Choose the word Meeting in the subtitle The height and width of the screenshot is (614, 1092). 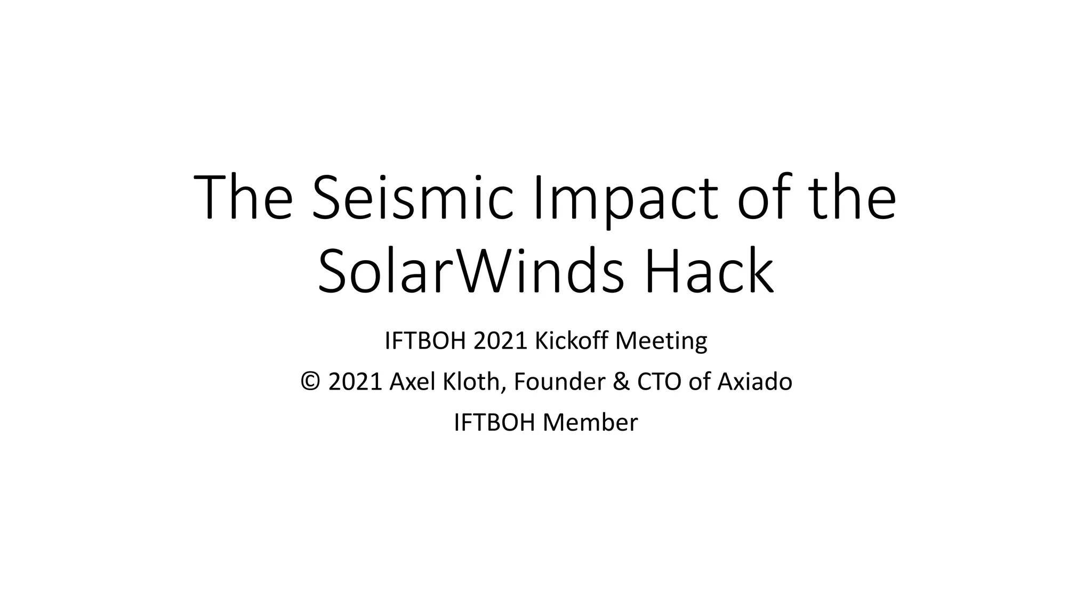tap(661, 341)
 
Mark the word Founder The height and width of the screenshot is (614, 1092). tap(559, 382)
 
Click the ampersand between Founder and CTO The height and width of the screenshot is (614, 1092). tap(621, 382)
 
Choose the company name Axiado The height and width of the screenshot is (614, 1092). tap(755, 382)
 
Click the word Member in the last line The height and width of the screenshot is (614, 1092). tap(590, 423)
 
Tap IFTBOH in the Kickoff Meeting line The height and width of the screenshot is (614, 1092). tap(425, 341)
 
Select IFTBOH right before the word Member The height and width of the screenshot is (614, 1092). tap(494, 423)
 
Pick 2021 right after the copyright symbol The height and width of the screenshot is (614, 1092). tap(356, 382)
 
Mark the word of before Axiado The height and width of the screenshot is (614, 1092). tap(700, 382)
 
